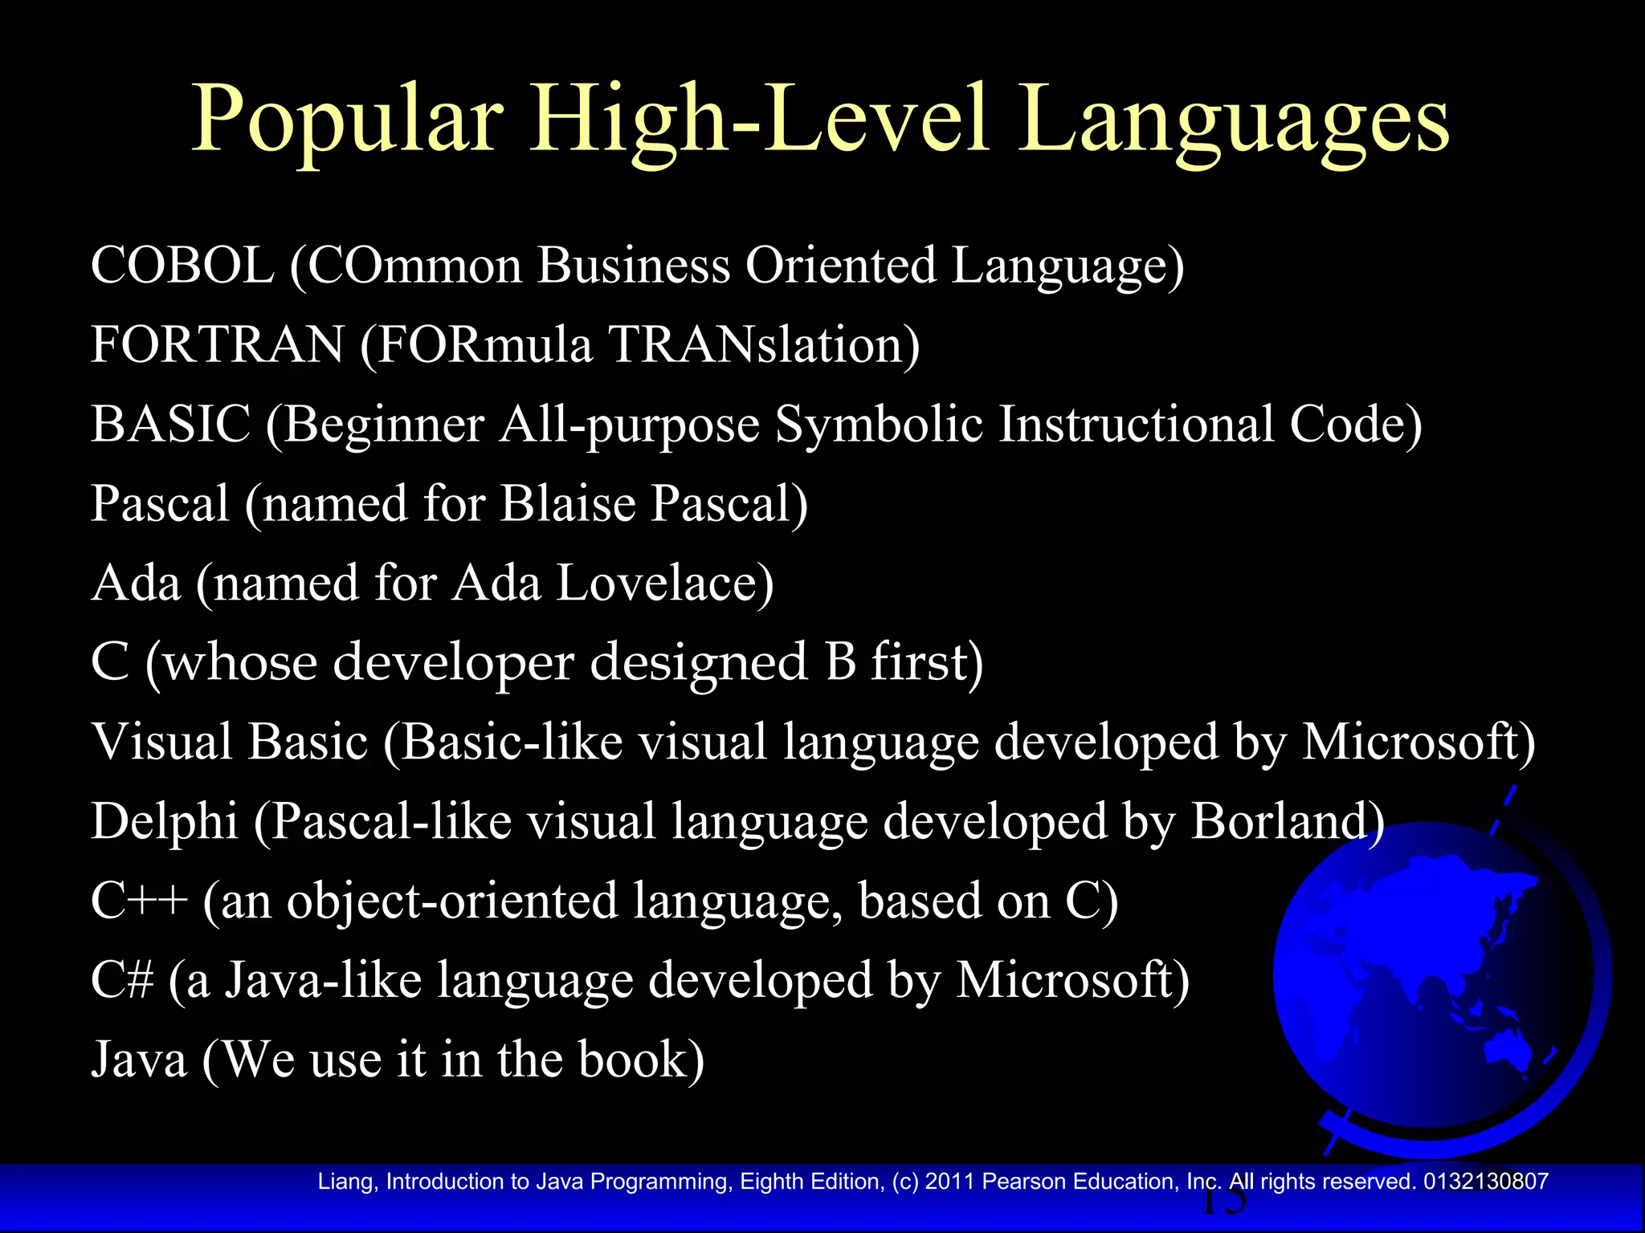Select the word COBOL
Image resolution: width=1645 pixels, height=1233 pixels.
182,265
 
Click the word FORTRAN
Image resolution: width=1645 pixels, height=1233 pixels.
217,344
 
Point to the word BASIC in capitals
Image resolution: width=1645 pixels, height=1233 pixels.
170,424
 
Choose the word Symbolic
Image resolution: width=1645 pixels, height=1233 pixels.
879,424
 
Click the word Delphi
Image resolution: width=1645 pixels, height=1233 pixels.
165,821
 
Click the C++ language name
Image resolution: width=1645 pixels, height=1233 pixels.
139,901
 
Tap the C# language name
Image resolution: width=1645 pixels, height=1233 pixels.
121,980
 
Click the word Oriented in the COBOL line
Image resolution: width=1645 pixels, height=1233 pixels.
840,265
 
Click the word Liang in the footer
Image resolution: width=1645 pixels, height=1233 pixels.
346,1182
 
